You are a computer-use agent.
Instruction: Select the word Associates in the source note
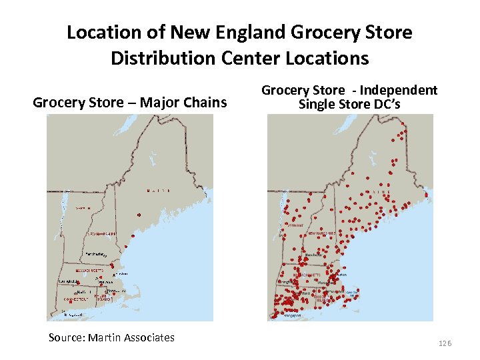149,337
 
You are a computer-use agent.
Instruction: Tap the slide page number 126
445,343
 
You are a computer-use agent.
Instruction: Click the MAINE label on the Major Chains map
157,191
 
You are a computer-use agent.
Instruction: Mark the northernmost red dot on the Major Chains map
139,215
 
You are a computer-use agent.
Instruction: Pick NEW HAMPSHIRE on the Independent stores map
321,234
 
